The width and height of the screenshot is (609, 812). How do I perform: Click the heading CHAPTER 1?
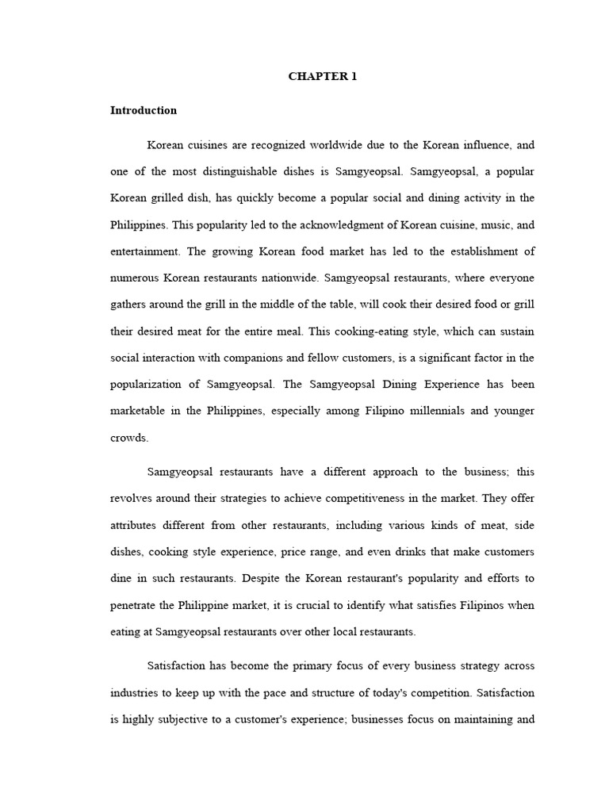[x=317, y=77]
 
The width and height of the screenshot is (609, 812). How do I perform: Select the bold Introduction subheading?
[x=144, y=111]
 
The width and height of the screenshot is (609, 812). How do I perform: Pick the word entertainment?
[x=145, y=251]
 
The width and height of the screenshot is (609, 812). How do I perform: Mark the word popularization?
[x=145, y=384]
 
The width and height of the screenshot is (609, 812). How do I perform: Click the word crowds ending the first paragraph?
[x=129, y=437]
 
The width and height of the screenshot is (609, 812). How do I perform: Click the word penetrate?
[x=132, y=605]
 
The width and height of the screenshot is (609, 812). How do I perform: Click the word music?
[x=496, y=224]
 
